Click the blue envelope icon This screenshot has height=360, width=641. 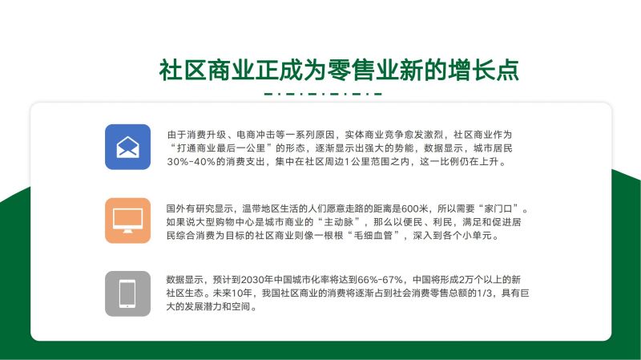click(127, 147)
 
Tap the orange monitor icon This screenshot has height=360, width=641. click(127, 220)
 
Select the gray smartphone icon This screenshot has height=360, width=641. click(127, 293)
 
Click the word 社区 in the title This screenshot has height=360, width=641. click(183, 70)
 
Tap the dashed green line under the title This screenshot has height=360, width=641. click(323, 94)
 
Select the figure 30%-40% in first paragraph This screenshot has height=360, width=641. click(191, 162)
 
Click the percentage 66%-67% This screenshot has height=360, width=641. click(380, 280)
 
